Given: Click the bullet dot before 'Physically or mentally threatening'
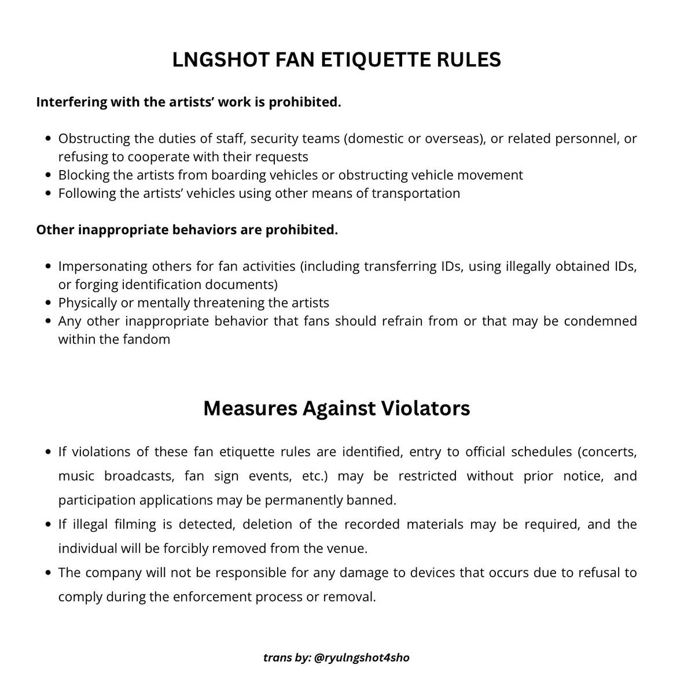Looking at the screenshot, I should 49,303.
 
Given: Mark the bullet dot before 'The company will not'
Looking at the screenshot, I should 49,573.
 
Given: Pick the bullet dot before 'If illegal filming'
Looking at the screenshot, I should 49,525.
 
